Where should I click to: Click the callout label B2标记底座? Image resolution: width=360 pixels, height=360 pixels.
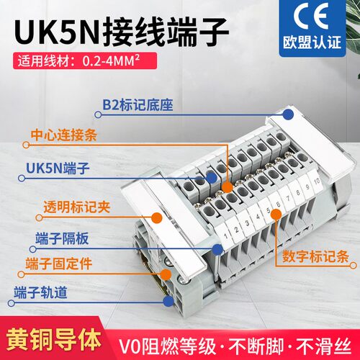tap(140, 112)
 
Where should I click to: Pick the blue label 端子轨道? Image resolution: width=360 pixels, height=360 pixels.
tap(43, 293)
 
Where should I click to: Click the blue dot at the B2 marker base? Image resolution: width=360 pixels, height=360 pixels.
tap(288, 114)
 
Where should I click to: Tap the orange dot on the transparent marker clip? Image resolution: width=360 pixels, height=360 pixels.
tap(156, 215)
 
